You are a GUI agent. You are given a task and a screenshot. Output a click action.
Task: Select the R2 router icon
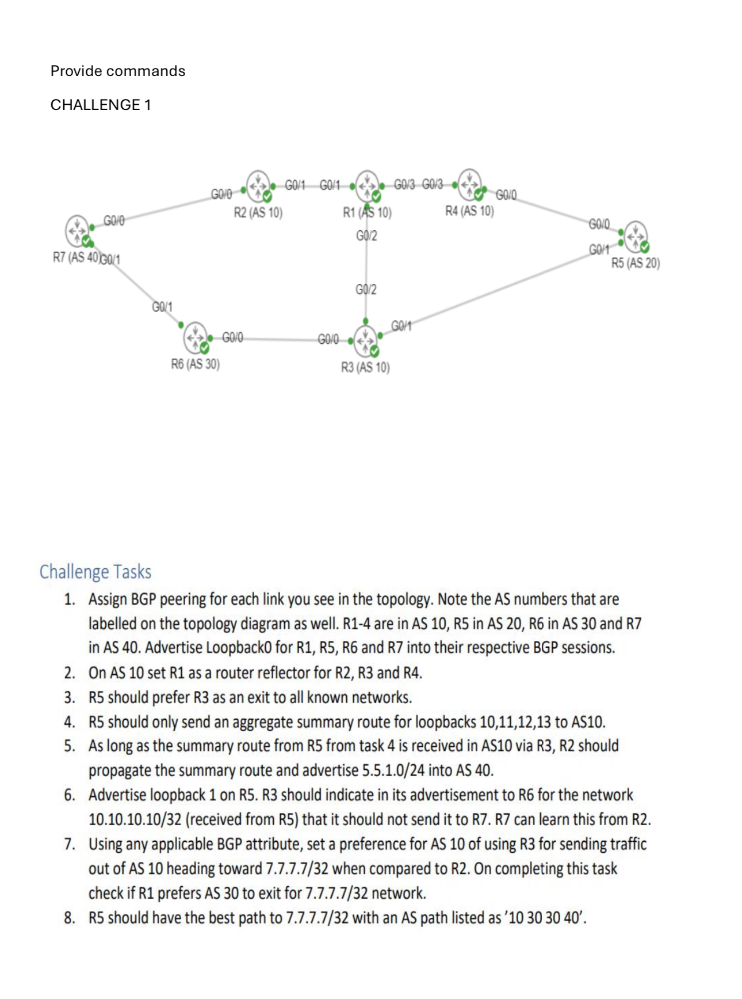pos(258,185)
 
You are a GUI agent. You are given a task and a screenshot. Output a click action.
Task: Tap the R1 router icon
pos(368,185)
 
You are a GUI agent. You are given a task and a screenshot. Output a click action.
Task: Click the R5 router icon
pos(636,236)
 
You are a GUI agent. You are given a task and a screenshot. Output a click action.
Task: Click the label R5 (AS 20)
pos(636,263)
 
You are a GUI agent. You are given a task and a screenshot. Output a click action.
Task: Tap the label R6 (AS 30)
pos(196,364)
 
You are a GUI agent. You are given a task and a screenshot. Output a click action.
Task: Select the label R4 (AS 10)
pos(469,211)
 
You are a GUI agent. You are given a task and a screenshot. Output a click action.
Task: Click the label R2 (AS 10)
pos(258,212)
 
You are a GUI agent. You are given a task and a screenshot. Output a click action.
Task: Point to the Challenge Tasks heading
pos(95,572)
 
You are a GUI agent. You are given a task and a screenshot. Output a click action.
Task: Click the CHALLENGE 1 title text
pos(101,105)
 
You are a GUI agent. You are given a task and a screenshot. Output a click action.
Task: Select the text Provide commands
pos(118,71)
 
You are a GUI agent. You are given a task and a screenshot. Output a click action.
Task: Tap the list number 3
pos(70,697)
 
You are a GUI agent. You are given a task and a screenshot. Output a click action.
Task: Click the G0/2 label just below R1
pos(366,235)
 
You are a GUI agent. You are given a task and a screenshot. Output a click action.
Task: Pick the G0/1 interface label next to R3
pos(401,326)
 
